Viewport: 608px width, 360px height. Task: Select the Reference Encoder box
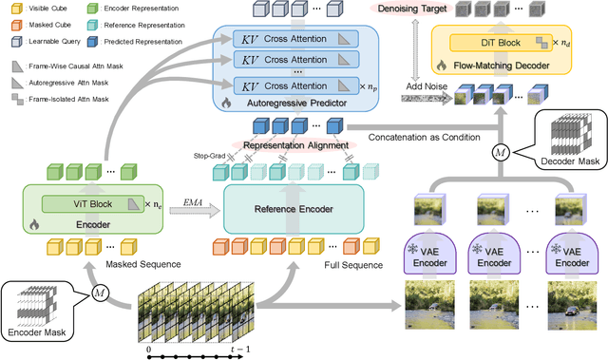coord(294,208)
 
